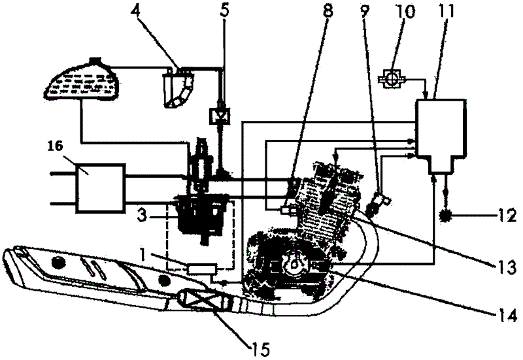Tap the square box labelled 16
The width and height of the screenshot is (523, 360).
click(x=100, y=188)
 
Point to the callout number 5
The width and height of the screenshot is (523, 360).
click(x=225, y=10)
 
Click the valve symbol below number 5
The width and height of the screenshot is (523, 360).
click(x=220, y=116)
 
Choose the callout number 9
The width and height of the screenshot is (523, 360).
click(x=365, y=10)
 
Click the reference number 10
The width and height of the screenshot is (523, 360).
click(x=403, y=10)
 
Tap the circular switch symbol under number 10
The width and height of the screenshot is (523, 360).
click(x=392, y=80)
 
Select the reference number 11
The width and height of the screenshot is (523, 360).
click(x=447, y=10)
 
